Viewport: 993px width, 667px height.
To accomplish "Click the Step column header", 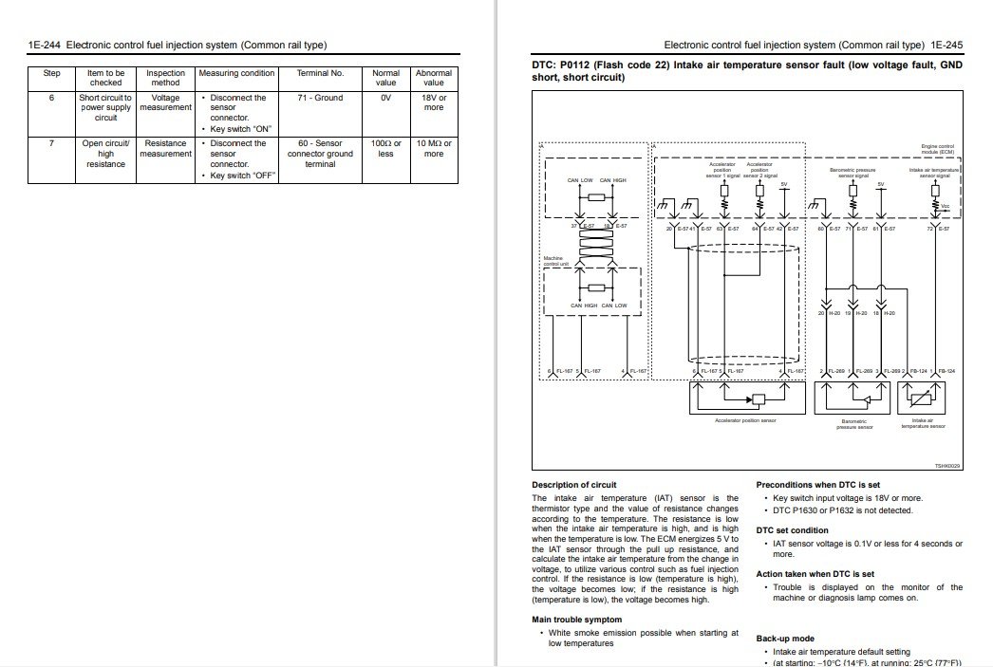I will (x=52, y=73).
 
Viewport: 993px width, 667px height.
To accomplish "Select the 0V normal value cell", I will (x=385, y=98).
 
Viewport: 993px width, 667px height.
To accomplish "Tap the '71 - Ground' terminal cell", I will (x=320, y=98).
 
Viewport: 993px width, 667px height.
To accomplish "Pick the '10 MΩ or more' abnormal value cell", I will (x=434, y=148).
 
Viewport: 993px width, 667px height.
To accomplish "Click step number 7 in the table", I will (x=52, y=143).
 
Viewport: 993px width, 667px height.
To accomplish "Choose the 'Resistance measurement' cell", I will (x=165, y=148).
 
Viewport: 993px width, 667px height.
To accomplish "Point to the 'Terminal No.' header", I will (x=320, y=73).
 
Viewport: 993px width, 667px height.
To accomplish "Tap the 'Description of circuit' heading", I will (x=574, y=485).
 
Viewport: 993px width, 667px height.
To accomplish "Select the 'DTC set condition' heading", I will (x=792, y=530).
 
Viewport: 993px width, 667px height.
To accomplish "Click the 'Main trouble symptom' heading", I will (x=577, y=620).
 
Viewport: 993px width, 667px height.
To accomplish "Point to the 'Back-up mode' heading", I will (x=785, y=639).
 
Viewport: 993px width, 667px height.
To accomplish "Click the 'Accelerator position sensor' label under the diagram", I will (x=745, y=419).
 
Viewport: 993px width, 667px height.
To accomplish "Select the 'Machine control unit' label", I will (x=553, y=260).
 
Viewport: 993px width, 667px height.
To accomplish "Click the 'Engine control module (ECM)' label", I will (x=937, y=149).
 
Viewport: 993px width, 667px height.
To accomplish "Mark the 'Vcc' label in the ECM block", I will (x=946, y=205).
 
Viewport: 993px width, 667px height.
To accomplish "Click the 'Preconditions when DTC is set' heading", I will (x=817, y=485).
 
